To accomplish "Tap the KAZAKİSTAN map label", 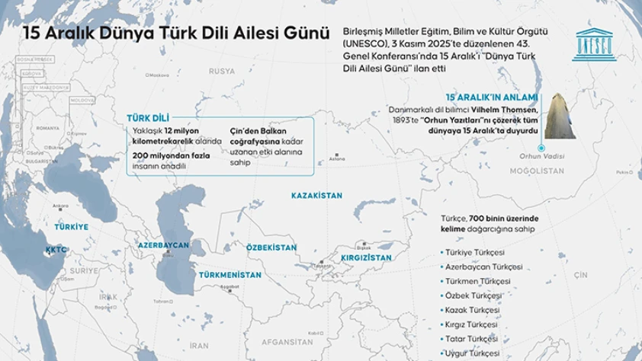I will (x=316, y=196).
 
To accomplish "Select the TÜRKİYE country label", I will (x=70, y=227).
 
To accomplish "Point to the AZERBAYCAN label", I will (x=162, y=245).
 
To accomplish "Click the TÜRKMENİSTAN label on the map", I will (x=230, y=273).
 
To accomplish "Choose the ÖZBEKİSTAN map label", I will (x=271, y=248).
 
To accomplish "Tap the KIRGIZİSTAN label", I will (x=366, y=258).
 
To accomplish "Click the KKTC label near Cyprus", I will (x=56, y=249).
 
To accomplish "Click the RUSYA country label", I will (x=222, y=71).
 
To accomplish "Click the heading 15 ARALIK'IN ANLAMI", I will (x=492, y=97).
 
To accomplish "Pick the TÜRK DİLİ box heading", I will (x=148, y=118).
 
